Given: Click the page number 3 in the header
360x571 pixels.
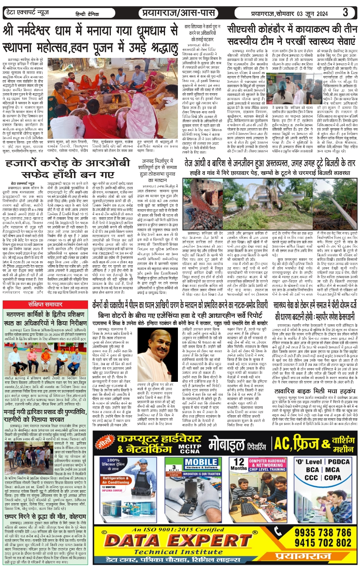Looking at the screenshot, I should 345,12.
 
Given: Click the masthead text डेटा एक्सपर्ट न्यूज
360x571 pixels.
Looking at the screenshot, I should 28,13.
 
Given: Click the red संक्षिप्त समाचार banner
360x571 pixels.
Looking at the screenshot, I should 45,305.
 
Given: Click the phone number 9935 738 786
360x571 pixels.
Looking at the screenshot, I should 323,532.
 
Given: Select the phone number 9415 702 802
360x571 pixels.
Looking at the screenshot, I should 323,542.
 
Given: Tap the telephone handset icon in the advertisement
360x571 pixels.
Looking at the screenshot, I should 279,532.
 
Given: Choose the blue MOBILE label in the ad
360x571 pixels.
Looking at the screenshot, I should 201,462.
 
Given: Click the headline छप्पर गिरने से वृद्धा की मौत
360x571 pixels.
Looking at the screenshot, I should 45,517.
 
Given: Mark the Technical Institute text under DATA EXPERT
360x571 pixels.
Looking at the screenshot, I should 178,552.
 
